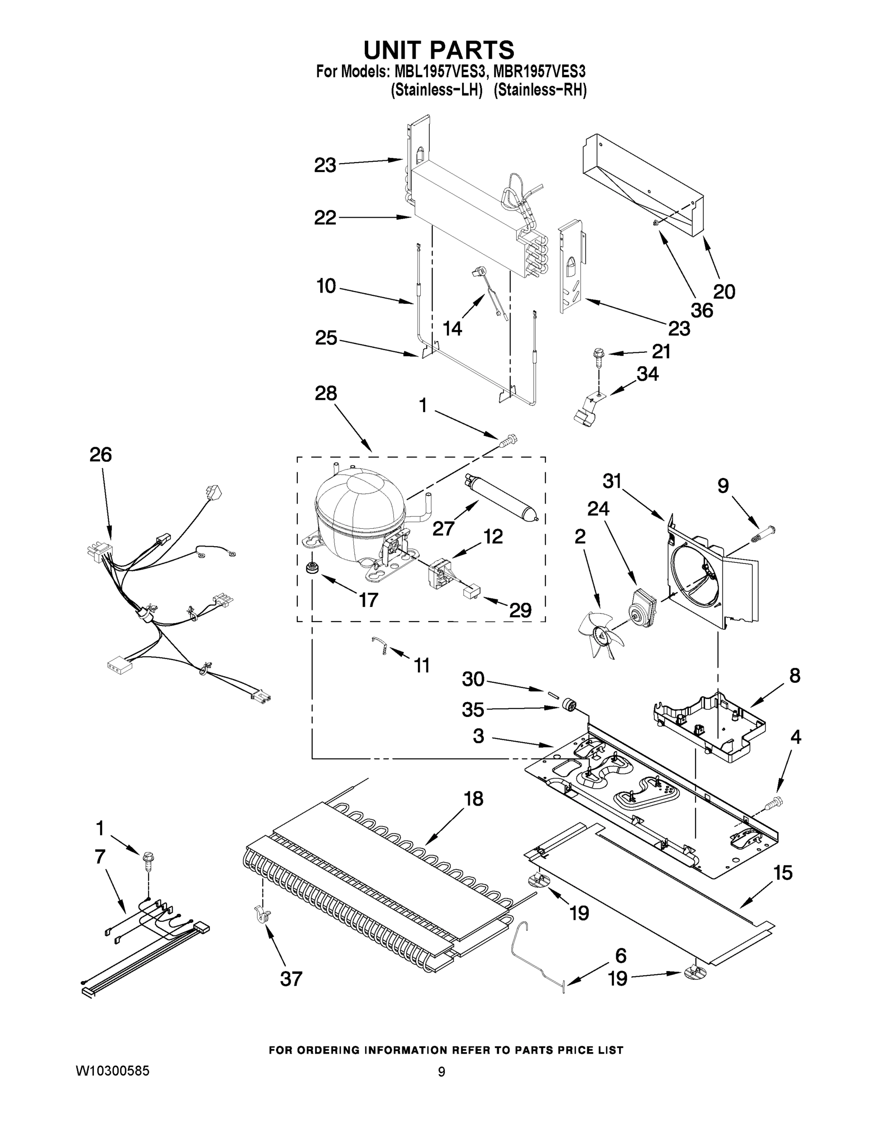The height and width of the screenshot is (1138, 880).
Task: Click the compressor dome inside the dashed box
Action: (x=359, y=508)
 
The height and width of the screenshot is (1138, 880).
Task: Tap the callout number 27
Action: (x=443, y=528)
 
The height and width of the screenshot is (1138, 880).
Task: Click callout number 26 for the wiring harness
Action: (x=101, y=455)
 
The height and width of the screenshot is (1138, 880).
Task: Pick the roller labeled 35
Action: (x=570, y=706)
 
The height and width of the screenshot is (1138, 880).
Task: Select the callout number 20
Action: (x=723, y=291)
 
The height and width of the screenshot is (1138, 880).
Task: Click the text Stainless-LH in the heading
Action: (x=436, y=91)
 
